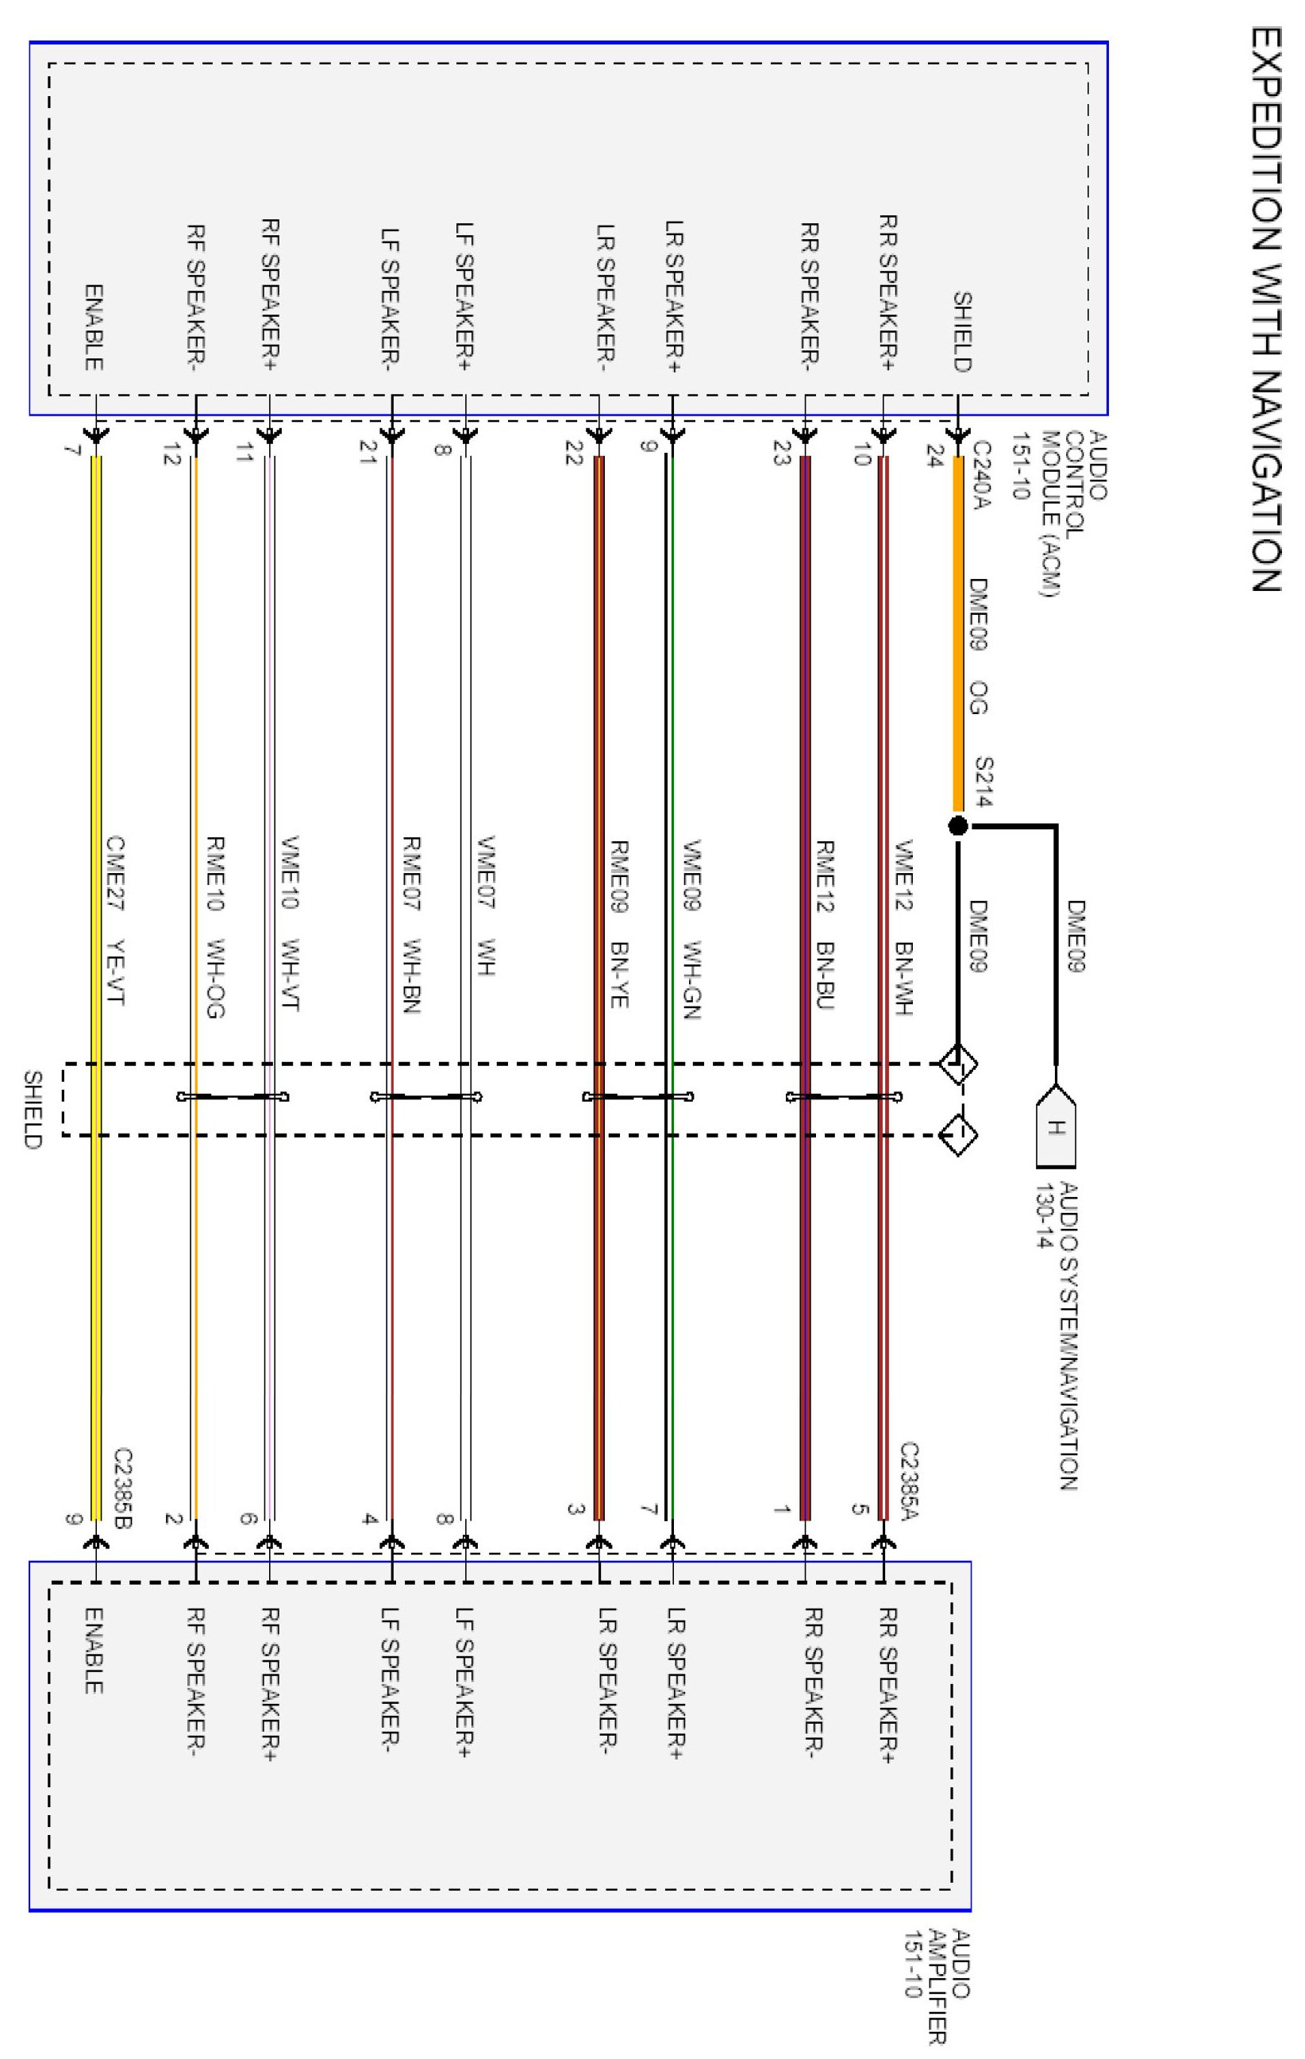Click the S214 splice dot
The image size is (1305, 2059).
coord(958,826)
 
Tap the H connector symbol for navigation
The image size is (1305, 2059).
coord(1056,1128)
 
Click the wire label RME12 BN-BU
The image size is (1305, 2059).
coord(825,925)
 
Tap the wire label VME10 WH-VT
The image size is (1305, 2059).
coord(291,924)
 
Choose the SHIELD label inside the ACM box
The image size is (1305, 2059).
coord(962,332)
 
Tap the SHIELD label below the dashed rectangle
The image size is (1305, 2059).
coord(32,1109)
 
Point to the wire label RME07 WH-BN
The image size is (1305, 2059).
coord(412,925)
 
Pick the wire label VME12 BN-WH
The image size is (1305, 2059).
coord(905,928)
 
